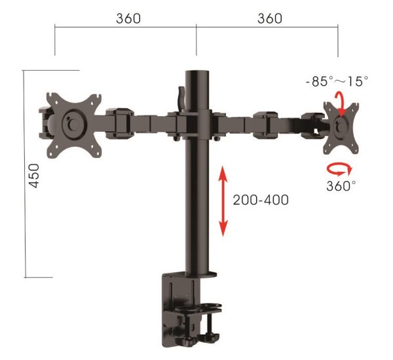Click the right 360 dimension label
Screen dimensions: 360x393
[270, 18]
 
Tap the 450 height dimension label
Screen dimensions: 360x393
[35, 176]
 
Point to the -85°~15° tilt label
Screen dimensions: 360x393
[337, 82]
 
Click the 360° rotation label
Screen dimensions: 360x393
[341, 186]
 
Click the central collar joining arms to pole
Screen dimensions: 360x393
[196, 124]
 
